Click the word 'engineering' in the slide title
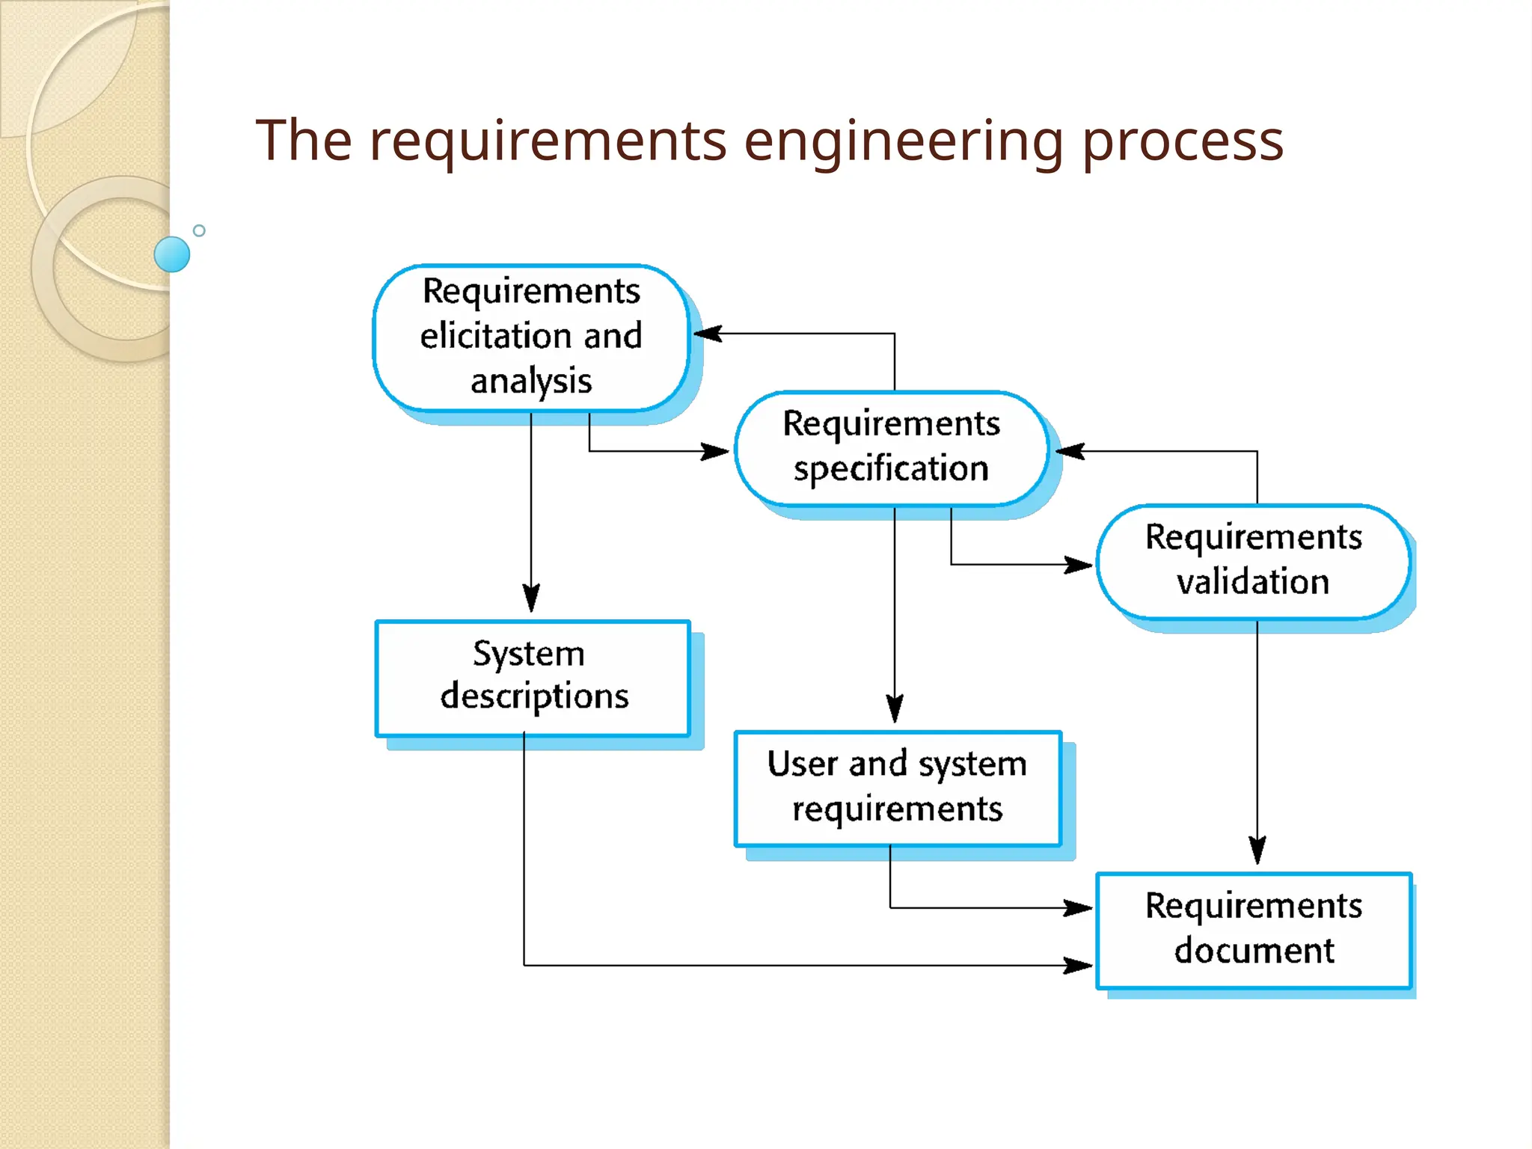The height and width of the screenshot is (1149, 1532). [x=903, y=142]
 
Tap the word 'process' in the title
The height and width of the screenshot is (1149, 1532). [x=1183, y=142]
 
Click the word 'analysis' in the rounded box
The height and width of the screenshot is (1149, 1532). [x=531, y=381]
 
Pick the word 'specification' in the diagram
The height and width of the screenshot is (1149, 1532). [x=891, y=469]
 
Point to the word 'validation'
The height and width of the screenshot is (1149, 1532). [x=1253, y=582]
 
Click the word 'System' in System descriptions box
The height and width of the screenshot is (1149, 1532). [x=528, y=654]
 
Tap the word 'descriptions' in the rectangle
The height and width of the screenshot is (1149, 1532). [x=534, y=696]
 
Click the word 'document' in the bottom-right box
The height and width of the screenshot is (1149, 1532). [x=1254, y=951]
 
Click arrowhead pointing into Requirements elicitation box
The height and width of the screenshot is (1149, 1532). [x=707, y=334]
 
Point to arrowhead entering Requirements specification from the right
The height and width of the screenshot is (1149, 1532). [x=1070, y=451]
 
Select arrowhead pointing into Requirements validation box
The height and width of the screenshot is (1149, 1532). [x=1079, y=564]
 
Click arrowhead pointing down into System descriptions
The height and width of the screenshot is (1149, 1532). [x=531, y=598]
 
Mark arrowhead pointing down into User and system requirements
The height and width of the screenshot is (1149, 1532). [x=895, y=708]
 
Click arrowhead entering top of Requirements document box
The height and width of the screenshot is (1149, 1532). [x=1257, y=851]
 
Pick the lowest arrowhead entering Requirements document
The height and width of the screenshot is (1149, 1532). [x=1079, y=965]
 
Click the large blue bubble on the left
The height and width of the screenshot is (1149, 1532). [x=172, y=254]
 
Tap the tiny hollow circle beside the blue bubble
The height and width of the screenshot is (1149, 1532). [x=199, y=230]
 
